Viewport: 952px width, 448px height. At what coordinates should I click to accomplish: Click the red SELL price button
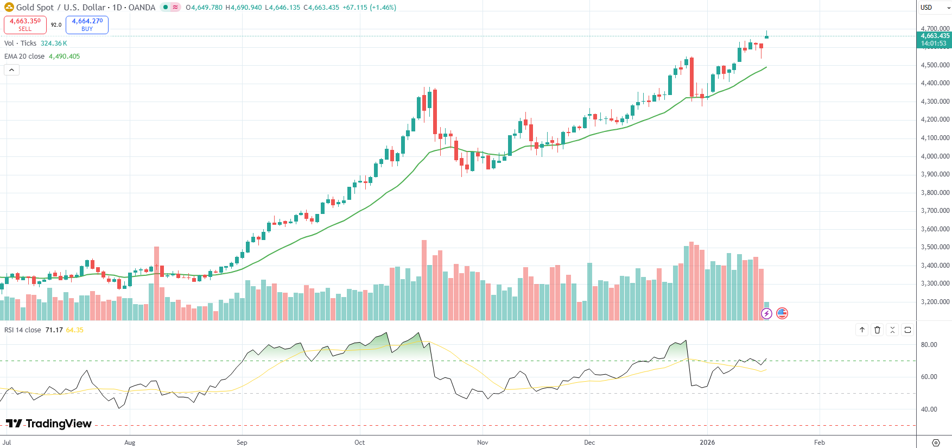point(25,24)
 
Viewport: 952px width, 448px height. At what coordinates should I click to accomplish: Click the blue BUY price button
point(87,24)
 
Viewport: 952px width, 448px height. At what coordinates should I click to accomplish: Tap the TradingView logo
point(49,424)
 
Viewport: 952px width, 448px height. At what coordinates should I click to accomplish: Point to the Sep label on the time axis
point(242,443)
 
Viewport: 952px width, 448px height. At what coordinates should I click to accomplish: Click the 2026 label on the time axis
point(707,443)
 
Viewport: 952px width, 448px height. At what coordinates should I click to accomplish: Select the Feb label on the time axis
point(820,443)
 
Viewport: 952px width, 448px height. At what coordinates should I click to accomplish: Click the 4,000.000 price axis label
point(935,156)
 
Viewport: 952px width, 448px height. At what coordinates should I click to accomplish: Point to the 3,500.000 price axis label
point(935,247)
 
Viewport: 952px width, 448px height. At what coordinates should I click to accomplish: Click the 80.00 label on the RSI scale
point(929,345)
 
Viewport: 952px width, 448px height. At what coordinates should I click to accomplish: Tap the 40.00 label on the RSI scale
point(929,409)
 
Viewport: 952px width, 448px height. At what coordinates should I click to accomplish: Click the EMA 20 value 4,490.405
point(64,56)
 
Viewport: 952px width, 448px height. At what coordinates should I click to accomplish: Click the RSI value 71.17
point(54,330)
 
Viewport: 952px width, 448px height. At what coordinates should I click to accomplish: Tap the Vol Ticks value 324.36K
point(54,43)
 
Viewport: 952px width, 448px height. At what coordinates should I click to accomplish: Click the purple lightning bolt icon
point(766,313)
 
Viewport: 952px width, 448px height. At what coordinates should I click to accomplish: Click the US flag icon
point(782,313)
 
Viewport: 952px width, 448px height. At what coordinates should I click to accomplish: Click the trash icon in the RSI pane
point(877,330)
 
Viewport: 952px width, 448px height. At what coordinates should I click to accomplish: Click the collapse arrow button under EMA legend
point(11,70)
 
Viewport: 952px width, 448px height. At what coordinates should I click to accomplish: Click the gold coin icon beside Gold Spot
point(9,8)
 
